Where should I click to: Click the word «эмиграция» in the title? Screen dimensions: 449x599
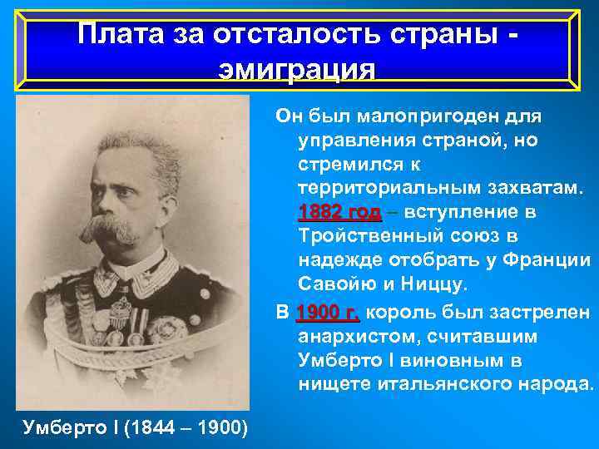pyautogui.click(x=296, y=69)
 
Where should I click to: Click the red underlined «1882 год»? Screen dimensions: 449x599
pyautogui.click(x=339, y=213)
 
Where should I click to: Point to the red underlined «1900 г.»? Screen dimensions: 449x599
pyautogui.click(x=327, y=313)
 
